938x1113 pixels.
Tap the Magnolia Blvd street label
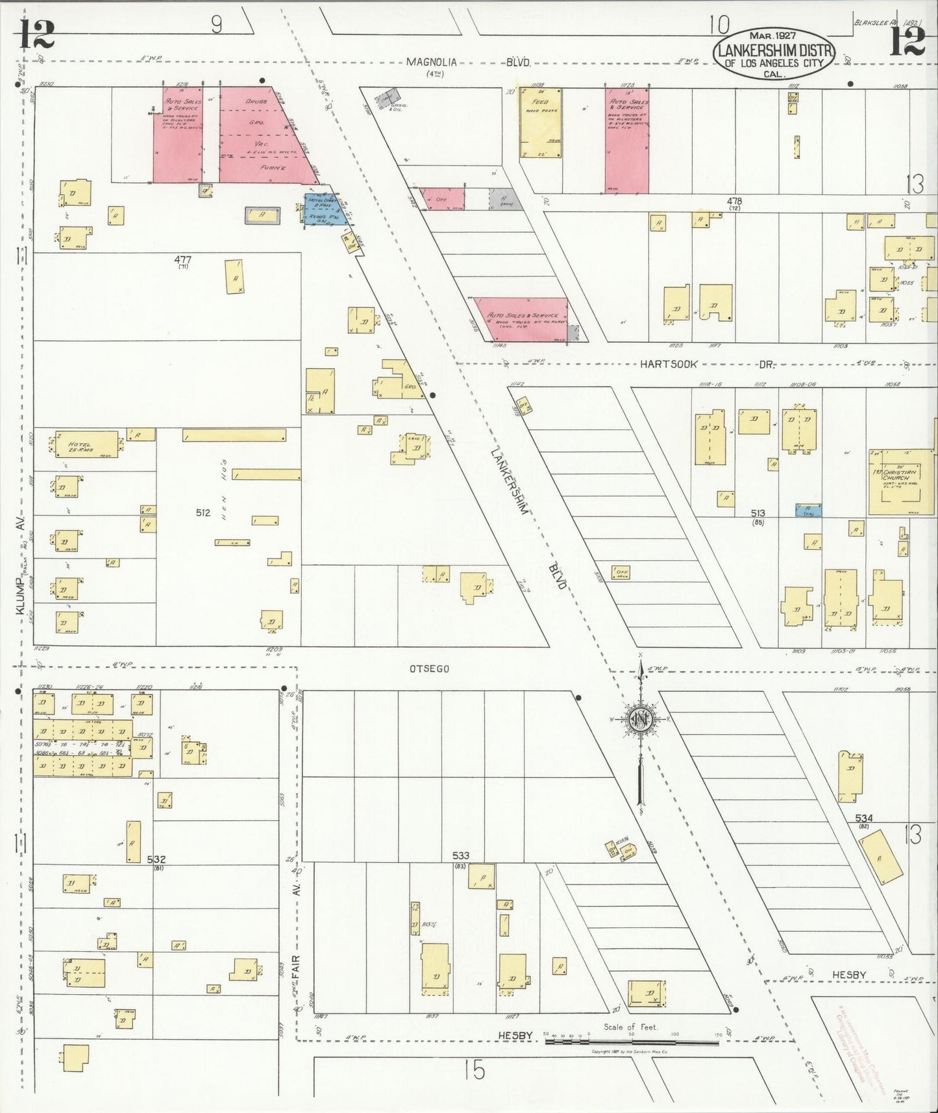click(x=467, y=62)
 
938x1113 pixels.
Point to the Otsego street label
click(x=429, y=668)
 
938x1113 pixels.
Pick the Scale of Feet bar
click(x=632, y=1041)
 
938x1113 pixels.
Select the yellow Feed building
click(x=540, y=123)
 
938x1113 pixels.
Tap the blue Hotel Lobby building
click(x=323, y=209)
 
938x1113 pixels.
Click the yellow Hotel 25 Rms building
click(x=85, y=444)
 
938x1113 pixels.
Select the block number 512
click(x=203, y=512)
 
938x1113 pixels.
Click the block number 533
click(x=460, y=856)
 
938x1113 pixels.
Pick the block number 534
click(x=863, y=818)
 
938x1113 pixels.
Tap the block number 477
click(x=182, y=259)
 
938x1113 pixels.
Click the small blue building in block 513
click(x=808, y=510)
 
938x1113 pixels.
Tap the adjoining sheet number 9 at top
click(x=216, y=25)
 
